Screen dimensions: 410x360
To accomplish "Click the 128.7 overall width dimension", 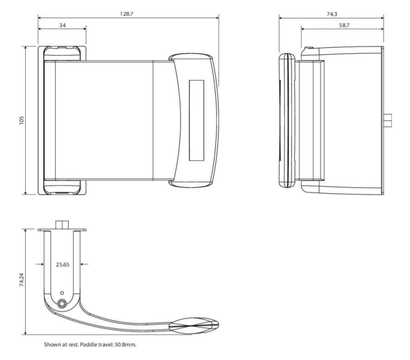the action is [127, 14].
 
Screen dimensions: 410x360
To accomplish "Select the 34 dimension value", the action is [62, 25].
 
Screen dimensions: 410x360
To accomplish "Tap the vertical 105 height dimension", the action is [21, 120].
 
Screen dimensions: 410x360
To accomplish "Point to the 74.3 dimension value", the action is [332, 14].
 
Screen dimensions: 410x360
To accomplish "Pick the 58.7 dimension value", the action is [344, 25].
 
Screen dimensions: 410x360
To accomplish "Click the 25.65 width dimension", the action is [63, 264].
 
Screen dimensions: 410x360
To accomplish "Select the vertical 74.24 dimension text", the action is [21, 279].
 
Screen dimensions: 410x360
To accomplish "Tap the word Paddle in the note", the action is [88, 344].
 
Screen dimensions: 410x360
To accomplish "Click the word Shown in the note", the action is [52, 344].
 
